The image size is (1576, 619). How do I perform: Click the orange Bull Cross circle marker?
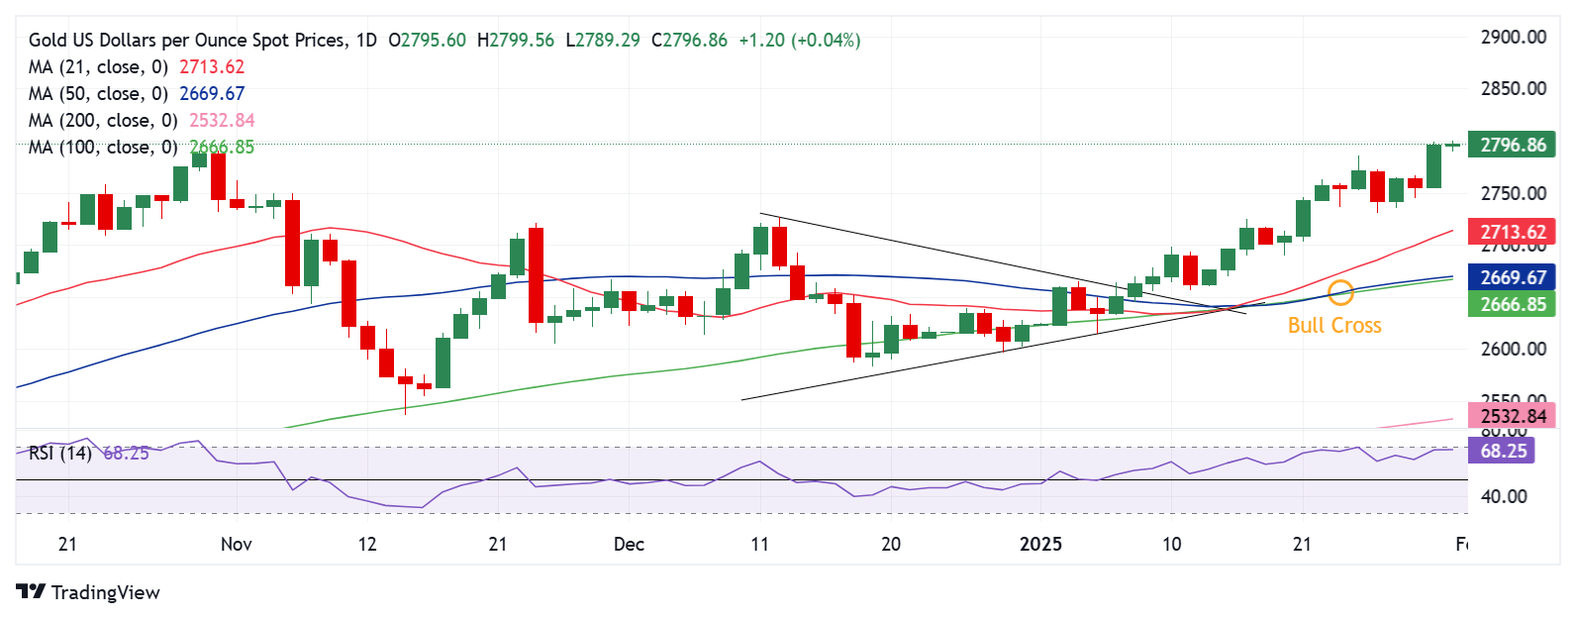1340,291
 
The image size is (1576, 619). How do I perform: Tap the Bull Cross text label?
1333,326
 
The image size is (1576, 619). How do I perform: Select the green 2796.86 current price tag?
1512,146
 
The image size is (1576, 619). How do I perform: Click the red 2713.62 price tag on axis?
1512,233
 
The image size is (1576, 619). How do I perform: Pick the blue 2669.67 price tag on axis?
1512,278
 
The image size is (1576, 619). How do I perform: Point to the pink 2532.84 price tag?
1512,416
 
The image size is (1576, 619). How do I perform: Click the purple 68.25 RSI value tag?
1503,452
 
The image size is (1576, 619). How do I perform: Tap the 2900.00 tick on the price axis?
1513,38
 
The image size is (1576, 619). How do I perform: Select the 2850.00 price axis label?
1513,89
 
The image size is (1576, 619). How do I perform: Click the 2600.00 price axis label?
1513,349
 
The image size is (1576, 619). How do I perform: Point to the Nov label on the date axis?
237,545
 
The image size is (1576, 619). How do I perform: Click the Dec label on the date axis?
629,545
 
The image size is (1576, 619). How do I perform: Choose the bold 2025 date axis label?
1040,545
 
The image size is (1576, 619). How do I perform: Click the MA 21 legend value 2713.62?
212,67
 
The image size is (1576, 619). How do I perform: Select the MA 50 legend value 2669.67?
212,94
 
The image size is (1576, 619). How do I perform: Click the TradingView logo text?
105,592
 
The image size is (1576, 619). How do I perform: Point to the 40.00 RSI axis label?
1503,497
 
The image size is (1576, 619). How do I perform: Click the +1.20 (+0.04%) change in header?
799,41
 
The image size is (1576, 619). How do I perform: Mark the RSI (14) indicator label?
59,454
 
